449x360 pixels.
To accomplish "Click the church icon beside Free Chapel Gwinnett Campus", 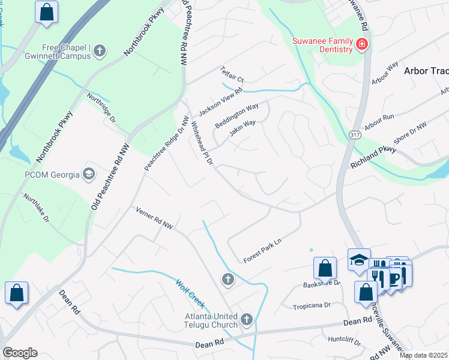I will coord(100,51).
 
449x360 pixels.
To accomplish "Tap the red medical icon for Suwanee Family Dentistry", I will coord(361,44).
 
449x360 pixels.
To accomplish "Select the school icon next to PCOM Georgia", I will coord(89,175).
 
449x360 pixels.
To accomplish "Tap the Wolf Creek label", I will coord(190,291).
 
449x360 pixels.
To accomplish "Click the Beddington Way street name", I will coord(237,115).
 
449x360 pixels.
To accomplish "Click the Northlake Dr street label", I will coord(36,208).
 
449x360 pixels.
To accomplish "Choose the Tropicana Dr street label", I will coord(311,305).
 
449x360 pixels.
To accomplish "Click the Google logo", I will coord(20,353).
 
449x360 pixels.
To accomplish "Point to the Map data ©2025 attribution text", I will coord(423,355).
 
